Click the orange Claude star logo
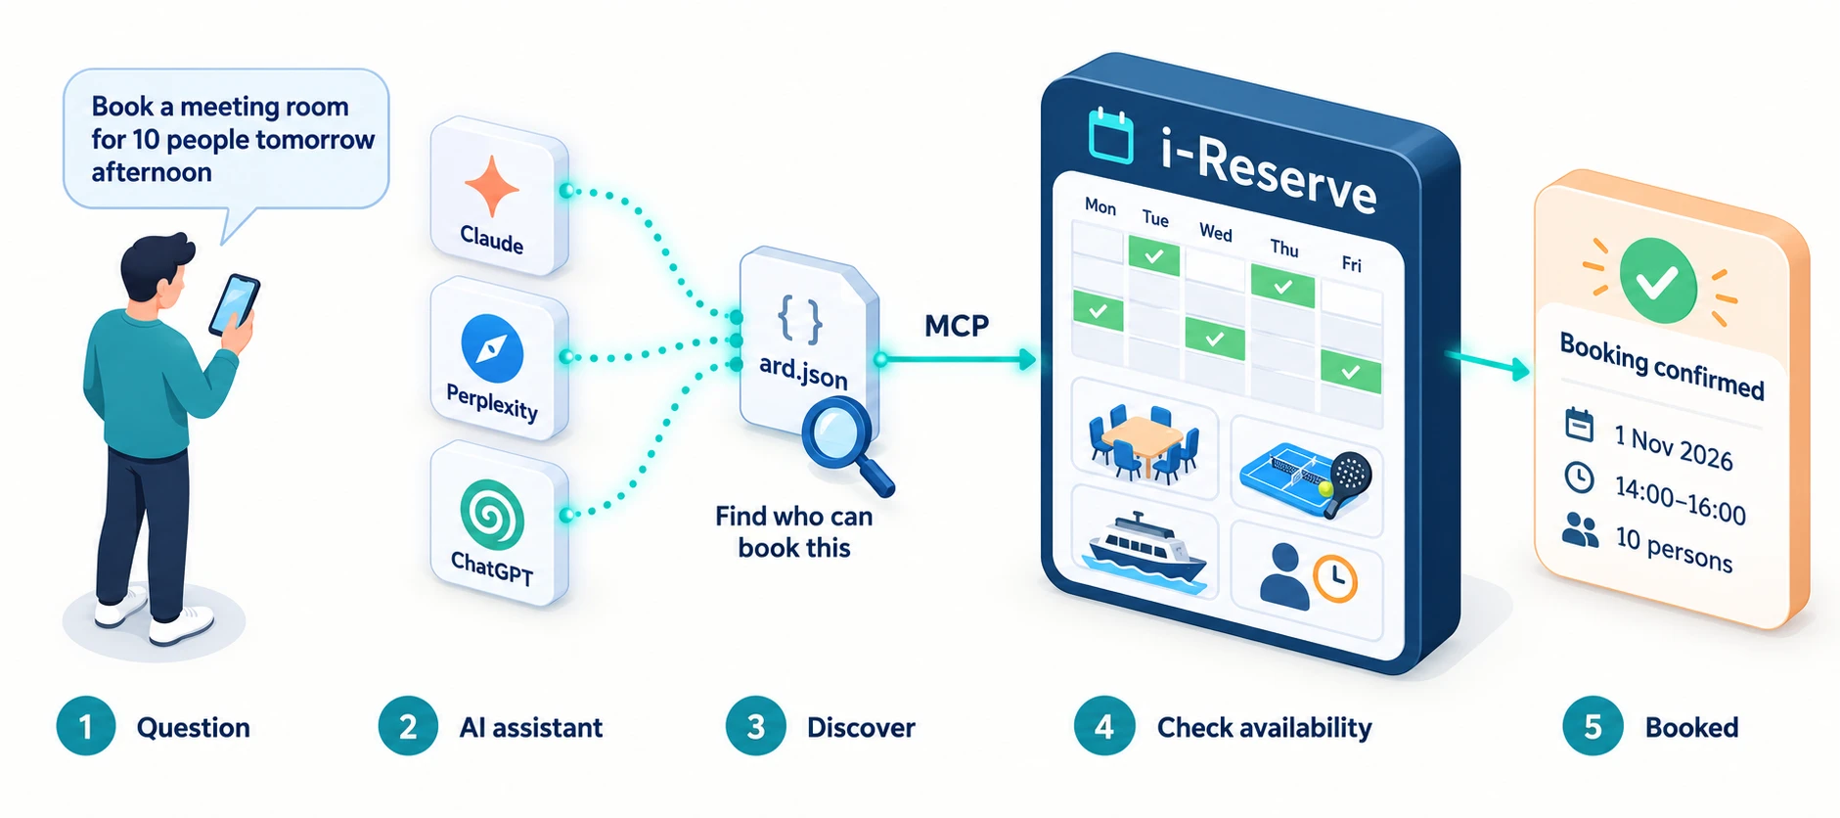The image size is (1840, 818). [x=492, y=185]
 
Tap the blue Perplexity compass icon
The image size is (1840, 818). [x=492, y=348]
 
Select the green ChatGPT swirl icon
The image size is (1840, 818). [x=492, y=514]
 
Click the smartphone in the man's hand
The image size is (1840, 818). [x=235, y=304]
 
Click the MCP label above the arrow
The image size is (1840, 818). [x=957, y=326]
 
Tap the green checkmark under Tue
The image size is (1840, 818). [x=1154, y=255]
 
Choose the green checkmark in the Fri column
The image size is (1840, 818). [x=1351, y=372]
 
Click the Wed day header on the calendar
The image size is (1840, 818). [x=1216, y=233]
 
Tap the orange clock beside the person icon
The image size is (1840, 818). [x=1334, y=578]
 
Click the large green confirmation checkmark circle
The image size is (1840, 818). [x=1658, y=281]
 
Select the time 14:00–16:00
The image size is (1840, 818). [x=1680, y=500]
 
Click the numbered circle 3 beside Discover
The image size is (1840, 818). [x=755, y=726]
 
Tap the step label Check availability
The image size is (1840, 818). [x=1264, y=728]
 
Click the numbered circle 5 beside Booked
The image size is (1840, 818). [x=1593, y=726]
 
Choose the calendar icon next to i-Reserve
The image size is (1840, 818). [x=1111, y=137]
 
